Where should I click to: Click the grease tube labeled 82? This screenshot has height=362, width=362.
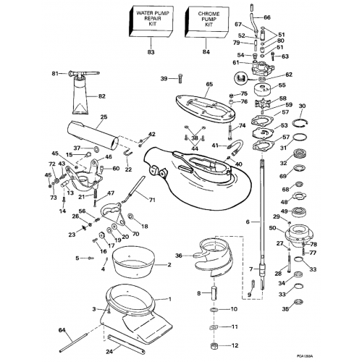pyautogui.click(x=80, y=95)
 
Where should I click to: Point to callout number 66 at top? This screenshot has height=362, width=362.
pyautogui.click(x=267, y=17)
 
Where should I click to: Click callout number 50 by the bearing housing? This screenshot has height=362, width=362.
pyautogui.click(x=272, y=229)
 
